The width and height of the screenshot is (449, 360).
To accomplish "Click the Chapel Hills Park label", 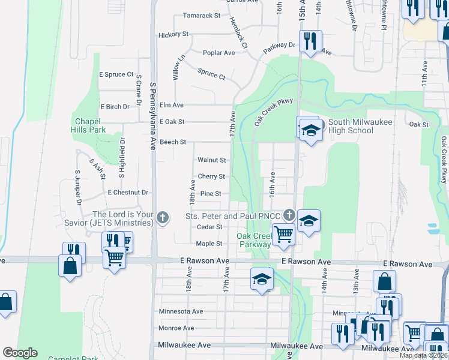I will (90, 125).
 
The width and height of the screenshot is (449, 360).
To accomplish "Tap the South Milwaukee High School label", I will (351, 126).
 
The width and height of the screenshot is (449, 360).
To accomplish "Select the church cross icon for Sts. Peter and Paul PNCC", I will (289, 215).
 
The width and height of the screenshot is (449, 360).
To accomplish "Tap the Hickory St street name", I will (173, 35).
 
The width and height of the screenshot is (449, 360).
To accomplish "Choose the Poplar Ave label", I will (218, 53).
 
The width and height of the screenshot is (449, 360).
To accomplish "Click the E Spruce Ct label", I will (116, 74).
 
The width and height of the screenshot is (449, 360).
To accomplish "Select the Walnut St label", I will (212, 160).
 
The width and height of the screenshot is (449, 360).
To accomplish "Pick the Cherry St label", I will (212, 177).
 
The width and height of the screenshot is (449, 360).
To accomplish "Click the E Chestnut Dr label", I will (128, 193).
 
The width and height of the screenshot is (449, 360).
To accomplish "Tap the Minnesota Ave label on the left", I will (181, 311).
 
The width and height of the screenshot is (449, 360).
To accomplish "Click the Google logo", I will (20, 353).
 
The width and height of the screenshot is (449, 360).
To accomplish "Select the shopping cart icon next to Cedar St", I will (283, 233).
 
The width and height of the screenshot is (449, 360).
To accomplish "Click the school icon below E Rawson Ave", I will (262, 278).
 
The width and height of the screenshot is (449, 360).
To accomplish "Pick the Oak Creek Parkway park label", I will (253, 240).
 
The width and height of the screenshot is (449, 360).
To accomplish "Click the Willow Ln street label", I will (178, 70).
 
